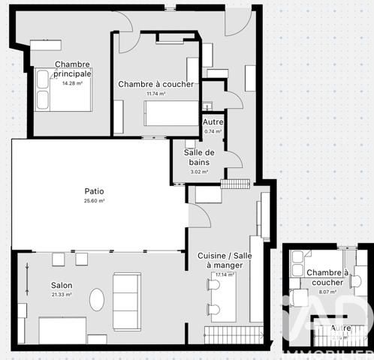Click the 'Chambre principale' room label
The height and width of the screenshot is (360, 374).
pyautogui.click(x=73, y=69)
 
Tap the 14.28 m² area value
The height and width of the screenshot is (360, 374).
pyautogui.click(x=71, y=83)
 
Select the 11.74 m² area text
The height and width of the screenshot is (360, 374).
pyautogui.click(x=156, y=94)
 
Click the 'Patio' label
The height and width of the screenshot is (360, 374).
pyautogui.click(x=94, y=191)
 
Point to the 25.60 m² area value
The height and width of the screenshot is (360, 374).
pyautogui.click(x=94, y=201)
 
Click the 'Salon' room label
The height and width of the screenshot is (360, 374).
pyautogui.click(x=62, y=285)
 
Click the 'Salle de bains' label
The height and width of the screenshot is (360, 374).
pyautogui.click(x=199, y=157)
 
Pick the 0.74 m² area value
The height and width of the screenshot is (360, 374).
pyautogui.click(x=213, y=131)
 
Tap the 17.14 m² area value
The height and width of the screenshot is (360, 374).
pyautogui.click(x=225, y=274)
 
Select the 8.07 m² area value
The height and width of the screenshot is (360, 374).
pyautogui.click(x=327, y=292)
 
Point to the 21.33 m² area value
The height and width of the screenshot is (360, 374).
pyautogui.click(x=62, y=295)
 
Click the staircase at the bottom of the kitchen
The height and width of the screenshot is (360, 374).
pyautogui.click(x=233, y=334)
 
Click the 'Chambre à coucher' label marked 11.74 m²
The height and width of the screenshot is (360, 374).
pyautogui.click(x=156, y=84)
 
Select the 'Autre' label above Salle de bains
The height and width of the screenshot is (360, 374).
pyautogui.click(x=213, y=121)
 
